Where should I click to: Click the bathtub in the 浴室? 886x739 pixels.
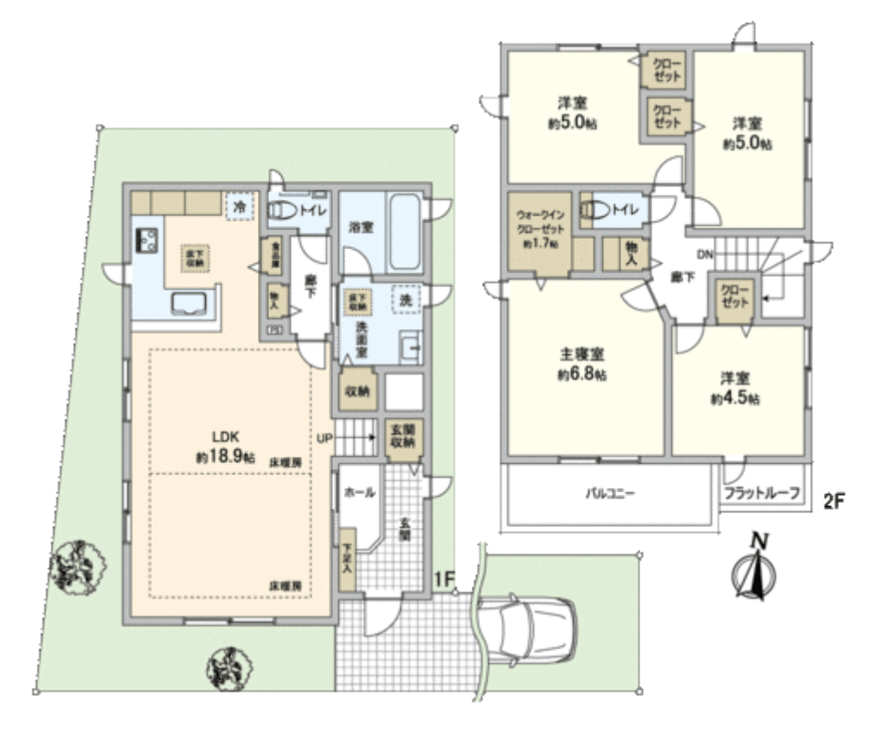tap(403, 232)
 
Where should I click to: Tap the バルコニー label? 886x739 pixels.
tap(610, 495)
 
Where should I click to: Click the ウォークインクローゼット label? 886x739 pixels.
tap(538, 230)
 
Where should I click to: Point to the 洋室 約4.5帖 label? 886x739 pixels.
tap(735, 389)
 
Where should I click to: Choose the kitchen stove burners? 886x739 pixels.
tap(144, 239)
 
